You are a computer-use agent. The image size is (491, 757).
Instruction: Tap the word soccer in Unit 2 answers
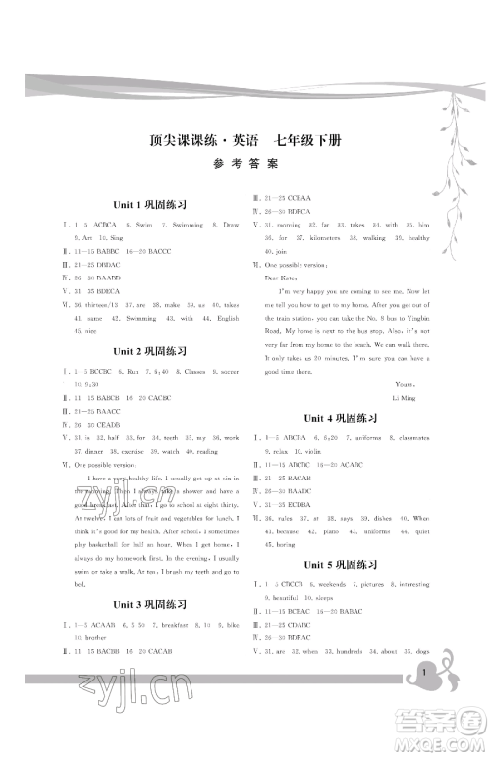click(226, 370)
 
